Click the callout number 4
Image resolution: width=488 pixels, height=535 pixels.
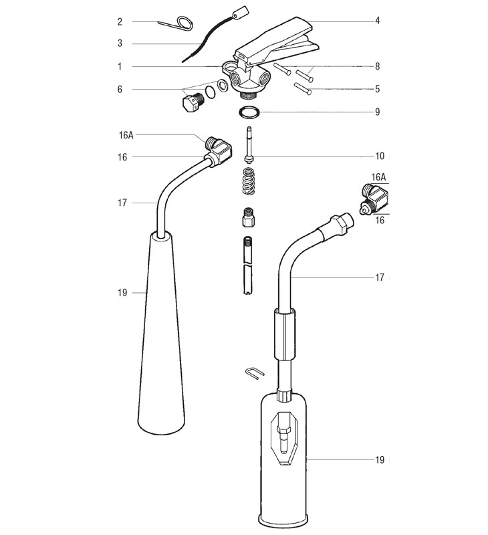click(377, 21)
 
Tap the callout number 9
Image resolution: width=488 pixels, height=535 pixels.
click(377, 112)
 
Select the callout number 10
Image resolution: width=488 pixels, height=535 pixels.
click(379, 156)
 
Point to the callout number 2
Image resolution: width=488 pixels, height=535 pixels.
click(120, 21)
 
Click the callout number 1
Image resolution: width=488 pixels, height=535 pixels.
click(120, 66)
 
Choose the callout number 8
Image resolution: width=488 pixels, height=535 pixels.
click(377, 66)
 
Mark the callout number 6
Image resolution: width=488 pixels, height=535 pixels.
click(120, 89)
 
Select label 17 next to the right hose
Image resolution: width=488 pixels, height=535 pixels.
click(379, 277)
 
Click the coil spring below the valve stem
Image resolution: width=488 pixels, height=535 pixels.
click(248, 183)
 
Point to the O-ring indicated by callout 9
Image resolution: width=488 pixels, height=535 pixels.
click(248, 110)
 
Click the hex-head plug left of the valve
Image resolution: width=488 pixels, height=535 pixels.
click(191, 104)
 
